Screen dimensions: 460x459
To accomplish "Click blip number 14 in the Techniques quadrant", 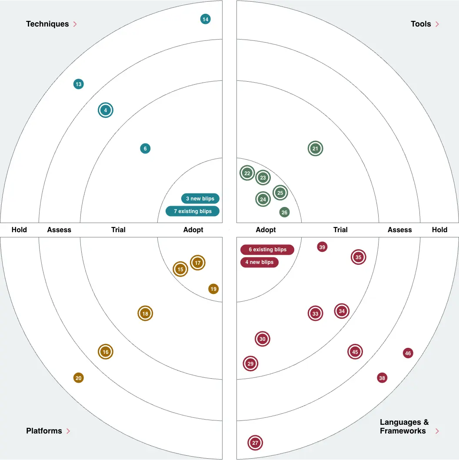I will point(206,19).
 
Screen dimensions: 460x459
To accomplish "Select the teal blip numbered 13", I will point(78,84).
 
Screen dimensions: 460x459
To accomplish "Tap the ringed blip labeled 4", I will point(106,110).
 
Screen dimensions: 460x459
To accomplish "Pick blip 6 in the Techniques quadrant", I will point(145,149).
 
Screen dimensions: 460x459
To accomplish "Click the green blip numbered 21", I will point(316,149).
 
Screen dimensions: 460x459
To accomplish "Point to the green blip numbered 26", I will point(284,213).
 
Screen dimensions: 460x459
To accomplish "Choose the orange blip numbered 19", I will point(213,289).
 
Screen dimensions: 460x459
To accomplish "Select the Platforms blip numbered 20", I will point(78,378).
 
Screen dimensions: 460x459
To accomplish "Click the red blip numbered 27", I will point(255,443).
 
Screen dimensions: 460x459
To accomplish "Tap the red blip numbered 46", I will point(408,353).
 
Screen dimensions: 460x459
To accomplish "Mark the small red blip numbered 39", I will point(322,247).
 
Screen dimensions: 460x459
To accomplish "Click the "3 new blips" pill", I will point(200,199).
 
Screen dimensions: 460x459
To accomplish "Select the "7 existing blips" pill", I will point(193,211).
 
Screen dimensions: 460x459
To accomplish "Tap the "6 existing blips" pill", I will point(267,250).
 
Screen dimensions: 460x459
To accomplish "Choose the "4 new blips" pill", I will point(259,262).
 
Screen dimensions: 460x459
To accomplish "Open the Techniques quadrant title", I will point(47,24).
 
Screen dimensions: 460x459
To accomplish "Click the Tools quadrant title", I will point(421,24).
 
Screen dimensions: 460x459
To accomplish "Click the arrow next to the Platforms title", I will point(68,431).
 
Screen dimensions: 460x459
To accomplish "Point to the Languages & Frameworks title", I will point(404,427).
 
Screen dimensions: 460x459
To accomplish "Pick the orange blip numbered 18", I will point(145,313).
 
